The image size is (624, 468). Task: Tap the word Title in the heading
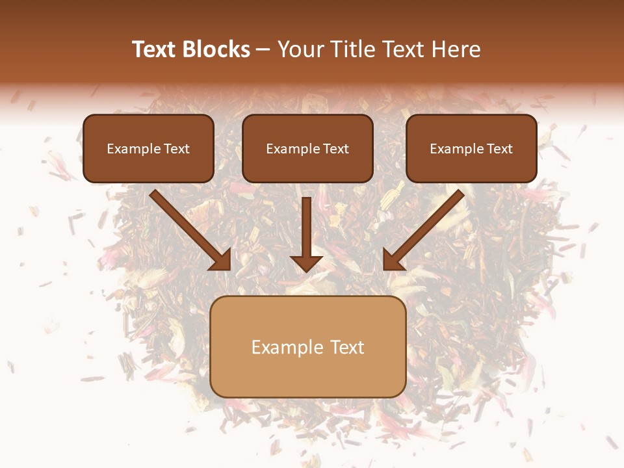(352, 49)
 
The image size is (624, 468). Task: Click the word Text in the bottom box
(347, 347)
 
